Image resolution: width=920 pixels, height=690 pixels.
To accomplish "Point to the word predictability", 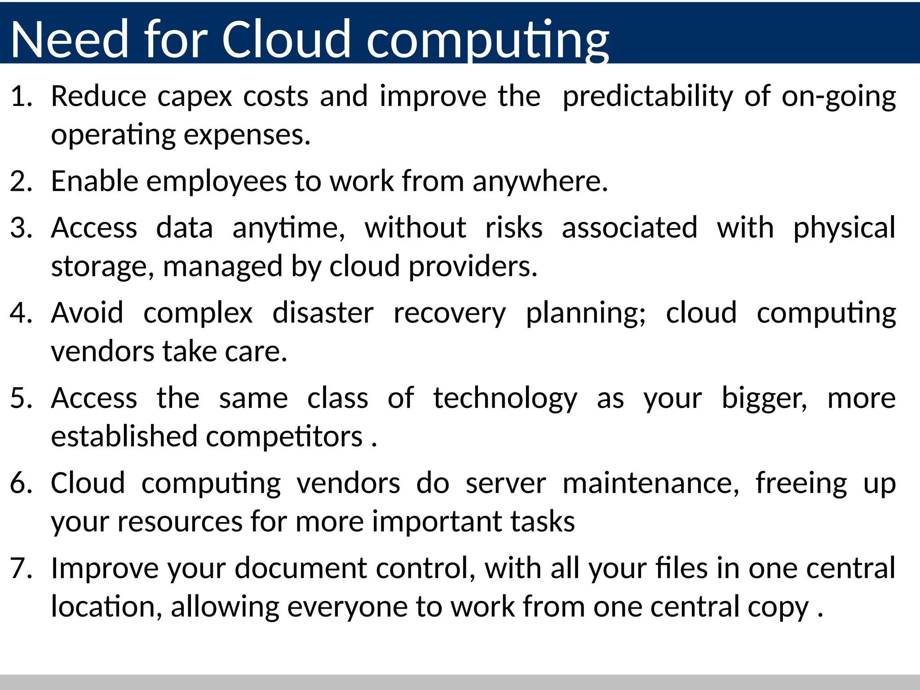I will [x=647, y=97].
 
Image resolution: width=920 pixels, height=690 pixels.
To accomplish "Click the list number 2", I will [x=21, y=181].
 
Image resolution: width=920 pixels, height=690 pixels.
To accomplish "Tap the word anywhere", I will [x=540, y=181].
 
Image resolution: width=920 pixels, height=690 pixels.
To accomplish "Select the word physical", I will [x=844, y=228].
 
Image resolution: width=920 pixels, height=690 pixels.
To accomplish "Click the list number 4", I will [x=21, y=313].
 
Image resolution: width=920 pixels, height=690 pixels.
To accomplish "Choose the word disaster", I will [x=323, y=313].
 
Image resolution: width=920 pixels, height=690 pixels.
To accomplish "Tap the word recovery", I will [x=449, y=313].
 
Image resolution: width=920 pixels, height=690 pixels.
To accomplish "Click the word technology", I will [x=505, y=398].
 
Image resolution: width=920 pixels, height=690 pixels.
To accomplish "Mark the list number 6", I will [x=21, y=483].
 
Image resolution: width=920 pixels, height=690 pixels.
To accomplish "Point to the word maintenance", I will [x=650, y=483].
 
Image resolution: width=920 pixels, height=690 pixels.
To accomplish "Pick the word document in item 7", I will [x=301, y=568].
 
